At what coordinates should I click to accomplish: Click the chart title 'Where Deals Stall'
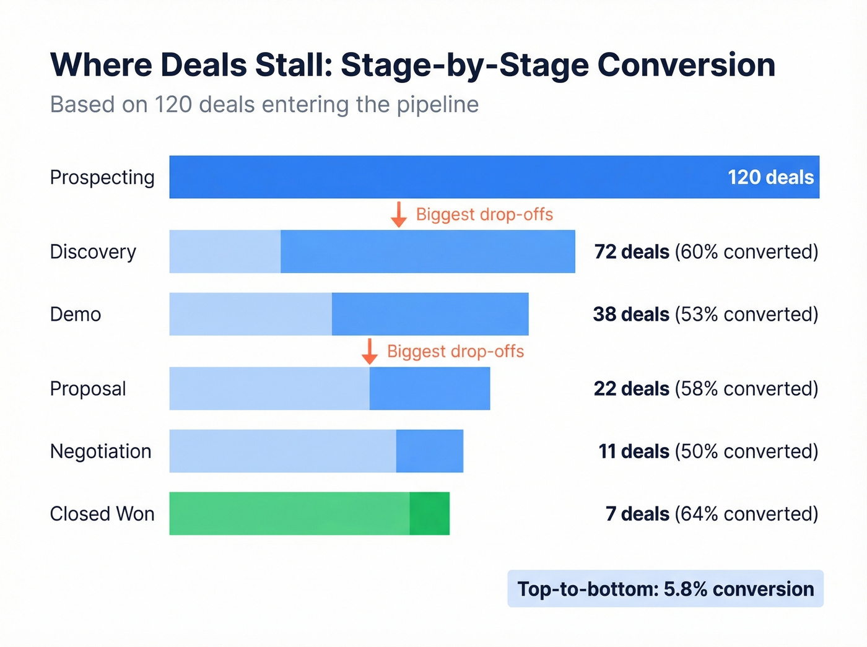coord(412,65)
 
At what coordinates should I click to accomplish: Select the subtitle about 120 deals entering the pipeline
coord(264,105)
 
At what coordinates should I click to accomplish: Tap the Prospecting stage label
coord(102,178)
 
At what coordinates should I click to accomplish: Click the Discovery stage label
coord(93,252)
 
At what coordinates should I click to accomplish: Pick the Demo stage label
coord(76,315)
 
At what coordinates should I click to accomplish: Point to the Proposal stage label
coord(88,389)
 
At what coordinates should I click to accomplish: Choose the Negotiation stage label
coord(101,451)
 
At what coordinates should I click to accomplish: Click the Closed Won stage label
coord(102,514)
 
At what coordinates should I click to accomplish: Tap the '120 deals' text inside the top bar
coord(770,178)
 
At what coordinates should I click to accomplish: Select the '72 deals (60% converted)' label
coord(706,252)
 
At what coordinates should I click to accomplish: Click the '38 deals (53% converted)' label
coord(705,315)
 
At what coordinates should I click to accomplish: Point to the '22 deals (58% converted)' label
coord(706,389)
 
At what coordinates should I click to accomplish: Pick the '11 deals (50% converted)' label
coord(708,451)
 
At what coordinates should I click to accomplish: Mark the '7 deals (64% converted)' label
coord(712,514)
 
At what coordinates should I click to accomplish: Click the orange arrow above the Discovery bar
coord(399,214)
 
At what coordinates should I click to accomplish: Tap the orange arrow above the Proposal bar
coord(370,351)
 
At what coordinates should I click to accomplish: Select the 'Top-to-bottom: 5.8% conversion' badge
coord(665,589)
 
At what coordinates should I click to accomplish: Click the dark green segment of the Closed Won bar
coord(429,514)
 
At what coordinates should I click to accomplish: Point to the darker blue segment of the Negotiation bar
coord(430,451)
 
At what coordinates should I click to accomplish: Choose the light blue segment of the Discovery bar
coord(225,252)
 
